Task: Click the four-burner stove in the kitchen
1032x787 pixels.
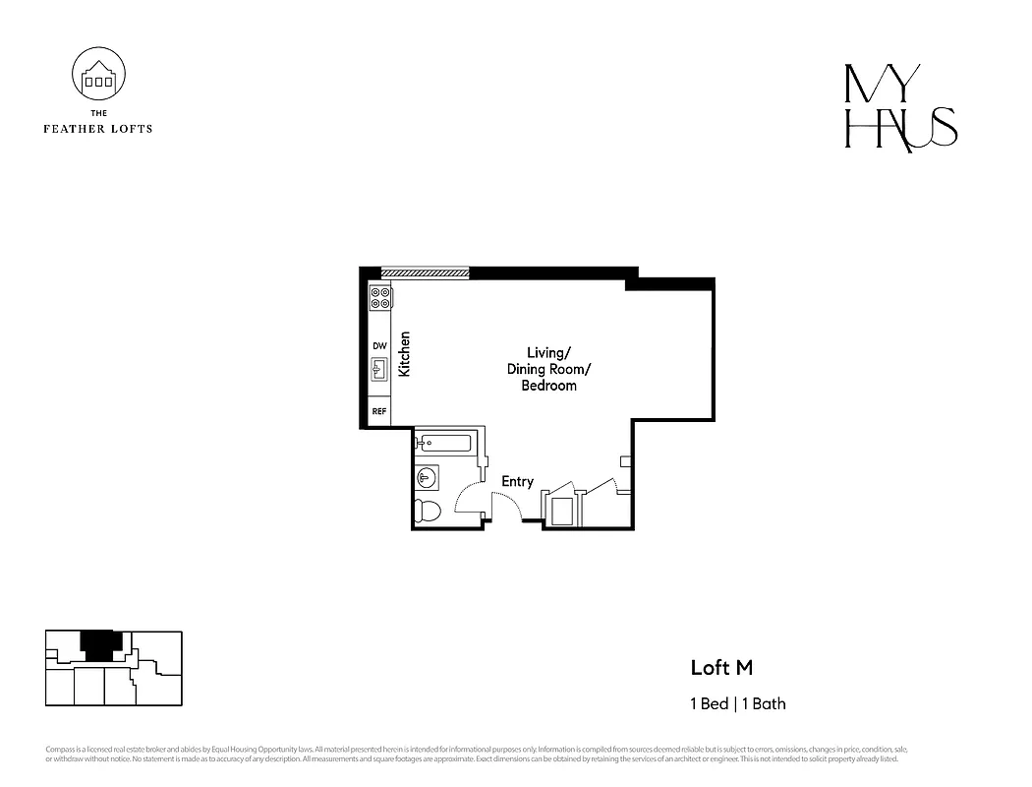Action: coord(380,297)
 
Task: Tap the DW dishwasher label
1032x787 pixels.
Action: coord(379,346)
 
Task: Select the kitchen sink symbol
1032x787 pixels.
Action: coord(379,370)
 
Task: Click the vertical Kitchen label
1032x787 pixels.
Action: coord(404,354)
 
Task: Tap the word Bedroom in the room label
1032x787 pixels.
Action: coord(548,387)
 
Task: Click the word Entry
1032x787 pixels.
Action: coord(517,481)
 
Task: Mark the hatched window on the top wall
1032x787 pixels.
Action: coord(425,272)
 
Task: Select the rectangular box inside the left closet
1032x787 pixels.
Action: coord(562,511)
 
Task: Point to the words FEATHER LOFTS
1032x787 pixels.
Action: coord(99,128)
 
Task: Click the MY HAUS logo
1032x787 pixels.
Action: coord(900,107)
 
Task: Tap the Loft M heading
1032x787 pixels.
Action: coord(721,668)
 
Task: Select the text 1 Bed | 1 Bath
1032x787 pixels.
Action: coord(737,703)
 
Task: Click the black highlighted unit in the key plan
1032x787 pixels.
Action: coord(96,646)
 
